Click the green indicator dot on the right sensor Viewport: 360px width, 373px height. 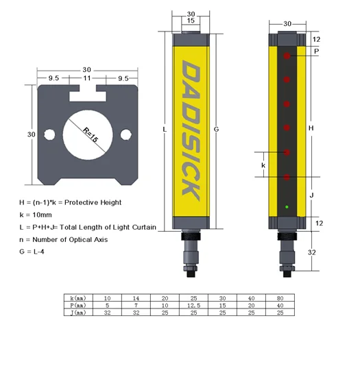pos(287,207)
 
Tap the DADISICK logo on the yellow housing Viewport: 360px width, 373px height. pos(191,130)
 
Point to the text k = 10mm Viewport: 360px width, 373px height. pos(40,215)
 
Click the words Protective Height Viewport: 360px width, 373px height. pos(99,202)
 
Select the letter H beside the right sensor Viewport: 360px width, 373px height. pos(311,128)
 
